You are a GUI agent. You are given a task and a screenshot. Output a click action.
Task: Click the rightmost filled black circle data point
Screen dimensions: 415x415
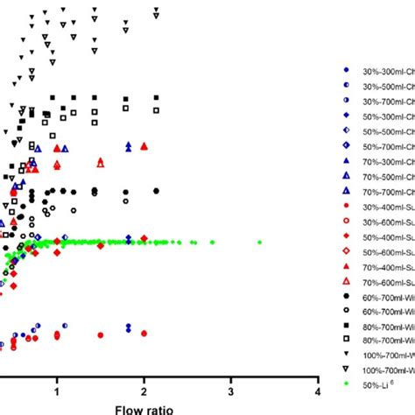point(157,190)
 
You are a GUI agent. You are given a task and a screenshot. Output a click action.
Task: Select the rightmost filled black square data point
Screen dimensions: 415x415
point(157,97)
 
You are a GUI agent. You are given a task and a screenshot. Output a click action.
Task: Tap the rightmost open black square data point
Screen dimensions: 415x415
point(157,110)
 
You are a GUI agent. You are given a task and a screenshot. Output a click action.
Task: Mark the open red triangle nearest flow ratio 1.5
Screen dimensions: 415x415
point(101,162)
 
